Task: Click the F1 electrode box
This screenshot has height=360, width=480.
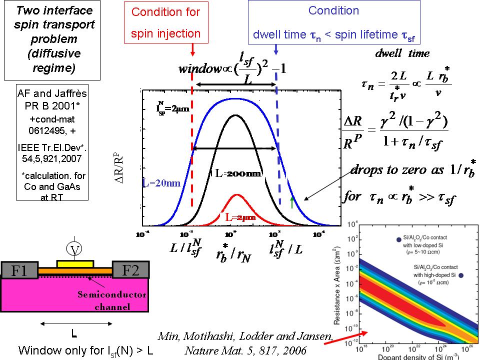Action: click(18, 270)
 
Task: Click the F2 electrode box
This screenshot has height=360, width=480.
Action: click(130, 270)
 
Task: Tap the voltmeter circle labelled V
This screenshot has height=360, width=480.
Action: click(75, 248)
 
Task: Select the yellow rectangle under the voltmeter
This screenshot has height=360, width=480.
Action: click(75, 263)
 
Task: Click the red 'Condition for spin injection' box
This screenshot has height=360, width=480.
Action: click(166, 22)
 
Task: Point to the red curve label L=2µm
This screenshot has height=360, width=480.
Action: click(240, 218)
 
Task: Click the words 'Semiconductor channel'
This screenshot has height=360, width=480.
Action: click(112, 300)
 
